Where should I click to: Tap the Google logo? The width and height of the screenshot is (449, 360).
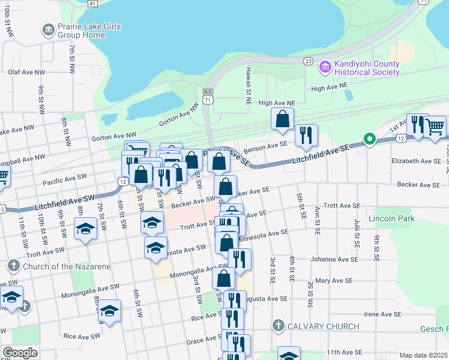[20, 353]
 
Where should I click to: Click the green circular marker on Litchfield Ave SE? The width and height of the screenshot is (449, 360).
[370, 140]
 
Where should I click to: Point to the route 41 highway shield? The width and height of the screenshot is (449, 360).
[92, 3]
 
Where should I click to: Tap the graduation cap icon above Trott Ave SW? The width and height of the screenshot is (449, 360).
[152, 222]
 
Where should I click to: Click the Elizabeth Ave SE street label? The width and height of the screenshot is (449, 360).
[416, 161]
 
